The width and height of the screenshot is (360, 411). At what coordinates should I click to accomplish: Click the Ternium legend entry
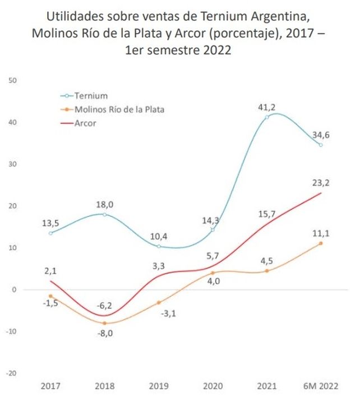[x=84, y=96]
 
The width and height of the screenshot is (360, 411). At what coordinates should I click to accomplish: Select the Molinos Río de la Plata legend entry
[x=112, y=109]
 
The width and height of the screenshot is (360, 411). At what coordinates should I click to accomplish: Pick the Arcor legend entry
[x=78, y=123]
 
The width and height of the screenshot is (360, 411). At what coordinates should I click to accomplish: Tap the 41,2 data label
[x=267, y=108]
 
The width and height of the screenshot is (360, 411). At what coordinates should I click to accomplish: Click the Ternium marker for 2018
[x=105, y=215]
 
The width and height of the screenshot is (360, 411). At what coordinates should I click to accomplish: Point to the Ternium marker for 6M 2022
[x=321, y=145]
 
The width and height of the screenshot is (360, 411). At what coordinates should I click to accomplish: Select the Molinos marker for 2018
[x=105, y=323]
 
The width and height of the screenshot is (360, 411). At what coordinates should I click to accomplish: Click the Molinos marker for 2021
[x=267, y=271]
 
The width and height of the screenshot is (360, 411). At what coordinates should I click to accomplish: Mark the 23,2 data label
[x=321, y=183]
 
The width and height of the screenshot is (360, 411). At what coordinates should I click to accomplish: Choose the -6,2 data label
[x=104, y=306]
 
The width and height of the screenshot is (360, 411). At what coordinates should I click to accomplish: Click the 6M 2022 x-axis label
[x=321, y=386]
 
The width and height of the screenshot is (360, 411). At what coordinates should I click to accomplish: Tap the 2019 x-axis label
[x=159, y=386]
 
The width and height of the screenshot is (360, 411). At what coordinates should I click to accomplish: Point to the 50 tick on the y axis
[x=12, y=81]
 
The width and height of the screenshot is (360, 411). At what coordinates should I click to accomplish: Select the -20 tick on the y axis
[x=11, y=373]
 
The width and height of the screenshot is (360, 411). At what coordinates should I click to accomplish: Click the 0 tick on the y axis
[x=14, y=290]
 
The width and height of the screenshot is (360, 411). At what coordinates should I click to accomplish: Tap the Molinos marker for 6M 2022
[x=321, y=243]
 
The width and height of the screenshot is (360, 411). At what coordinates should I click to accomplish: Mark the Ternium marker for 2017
[x=50, y=233]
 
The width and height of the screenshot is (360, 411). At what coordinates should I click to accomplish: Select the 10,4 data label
[x=159, y=237]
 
